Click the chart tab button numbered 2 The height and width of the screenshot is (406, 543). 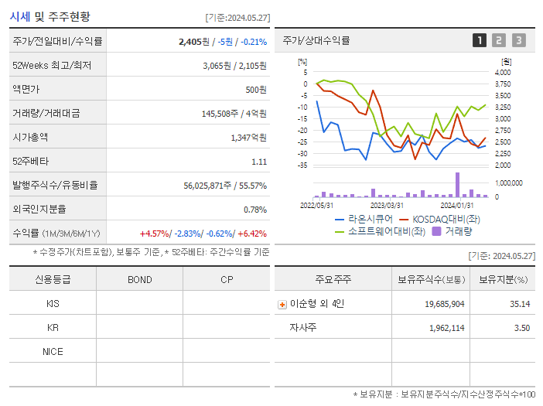point(499,40)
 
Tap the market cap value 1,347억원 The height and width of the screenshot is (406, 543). point(248,138)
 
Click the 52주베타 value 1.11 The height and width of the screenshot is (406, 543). point(259,162)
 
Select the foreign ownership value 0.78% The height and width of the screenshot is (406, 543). point(254,210)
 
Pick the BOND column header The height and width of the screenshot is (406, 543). point(139,279)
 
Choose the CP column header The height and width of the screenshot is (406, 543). point(227,279)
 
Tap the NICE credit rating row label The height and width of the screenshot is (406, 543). point(53,351)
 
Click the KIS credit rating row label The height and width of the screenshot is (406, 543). point(53,303)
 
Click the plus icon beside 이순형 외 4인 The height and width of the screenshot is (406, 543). point(282,304)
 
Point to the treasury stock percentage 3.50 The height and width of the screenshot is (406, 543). point(522,328)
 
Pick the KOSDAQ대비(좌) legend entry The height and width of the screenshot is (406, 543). point(440,219)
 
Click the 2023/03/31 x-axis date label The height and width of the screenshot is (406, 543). point(387,205)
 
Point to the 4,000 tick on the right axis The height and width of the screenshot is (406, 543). point(502,72)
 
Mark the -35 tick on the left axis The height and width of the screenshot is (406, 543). point(302,165)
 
